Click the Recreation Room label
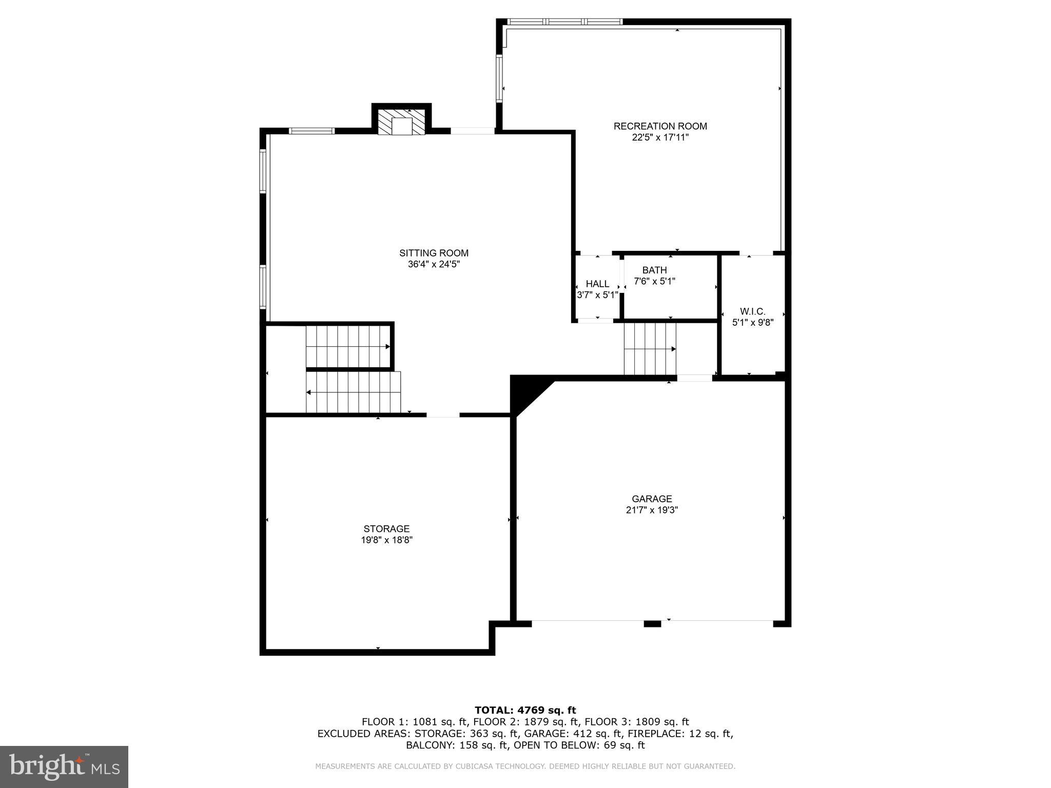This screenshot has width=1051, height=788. coord(660,126)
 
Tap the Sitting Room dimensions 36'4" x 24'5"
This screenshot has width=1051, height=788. coord(434,265)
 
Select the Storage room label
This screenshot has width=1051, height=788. coord(386,529)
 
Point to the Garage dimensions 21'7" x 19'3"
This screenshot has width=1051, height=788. coord(652,510)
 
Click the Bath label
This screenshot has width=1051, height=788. coord(654,270)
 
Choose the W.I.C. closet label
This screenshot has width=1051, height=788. coord(752,311)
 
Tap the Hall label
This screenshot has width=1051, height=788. coord(597,284)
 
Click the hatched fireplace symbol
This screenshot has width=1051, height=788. coord(402,122)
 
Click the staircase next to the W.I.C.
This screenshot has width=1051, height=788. coord(650,349)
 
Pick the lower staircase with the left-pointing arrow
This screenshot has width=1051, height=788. coord(353,392)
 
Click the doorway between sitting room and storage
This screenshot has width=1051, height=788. coord(443,415)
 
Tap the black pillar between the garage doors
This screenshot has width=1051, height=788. coord(652,624)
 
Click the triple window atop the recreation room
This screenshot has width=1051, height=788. coord(565,22)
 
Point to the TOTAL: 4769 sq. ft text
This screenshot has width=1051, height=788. coord(525,710)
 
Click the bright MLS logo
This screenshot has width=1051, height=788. coord(64,767)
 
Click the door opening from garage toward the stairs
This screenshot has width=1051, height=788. coord(694,378)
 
